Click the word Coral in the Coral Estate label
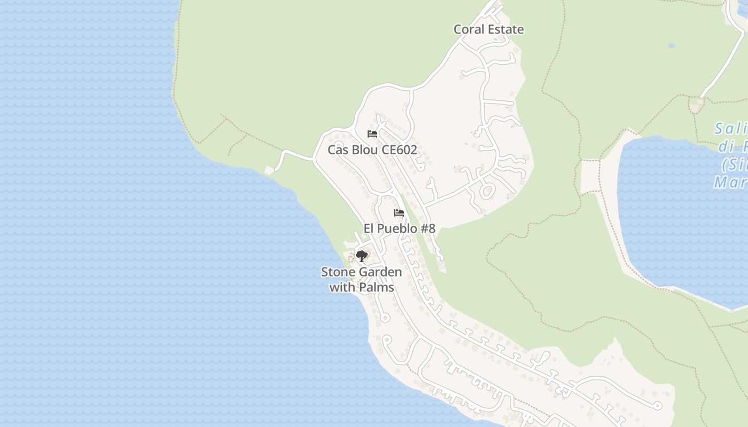coord(469,29)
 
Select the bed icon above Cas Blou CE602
coord(372,133)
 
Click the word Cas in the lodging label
coord(338,150)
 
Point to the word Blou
coord(365,150)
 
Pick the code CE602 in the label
coord(400,150)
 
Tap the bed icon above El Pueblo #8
coord(399,213)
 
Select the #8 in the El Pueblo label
coord(427,229)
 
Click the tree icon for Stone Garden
coord(362,256)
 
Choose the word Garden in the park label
coord(380,272)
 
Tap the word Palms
coord(377,288)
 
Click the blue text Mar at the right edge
coord(730,183)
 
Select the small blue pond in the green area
coord(671,46)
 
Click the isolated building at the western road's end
coord(269,170)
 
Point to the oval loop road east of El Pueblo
coord(487,191)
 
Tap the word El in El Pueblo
coord(369,229)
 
